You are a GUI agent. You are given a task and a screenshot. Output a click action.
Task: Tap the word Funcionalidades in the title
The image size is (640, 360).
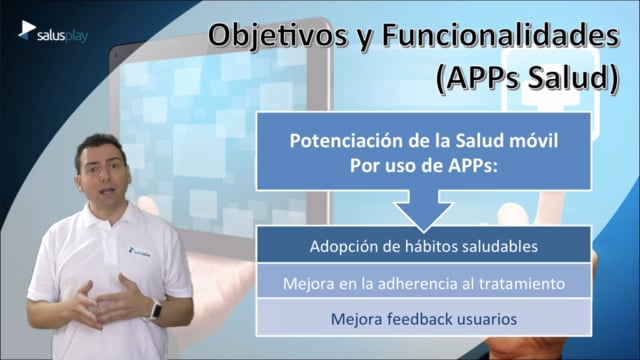[x=501, y=35]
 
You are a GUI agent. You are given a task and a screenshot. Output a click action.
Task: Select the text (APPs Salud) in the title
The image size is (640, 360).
[x=527, y=78]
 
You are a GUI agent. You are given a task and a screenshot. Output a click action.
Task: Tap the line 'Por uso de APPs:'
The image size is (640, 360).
[x=424, y=166]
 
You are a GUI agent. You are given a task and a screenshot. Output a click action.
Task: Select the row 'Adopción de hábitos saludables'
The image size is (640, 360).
[x=424, y=245]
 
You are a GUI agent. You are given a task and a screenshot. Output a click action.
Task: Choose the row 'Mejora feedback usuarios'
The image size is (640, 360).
[x=424, y=318]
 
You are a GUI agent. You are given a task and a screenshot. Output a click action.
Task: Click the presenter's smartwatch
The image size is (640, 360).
[x=156, y=309]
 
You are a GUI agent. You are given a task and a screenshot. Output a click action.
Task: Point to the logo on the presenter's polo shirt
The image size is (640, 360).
[x=139, y=255]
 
